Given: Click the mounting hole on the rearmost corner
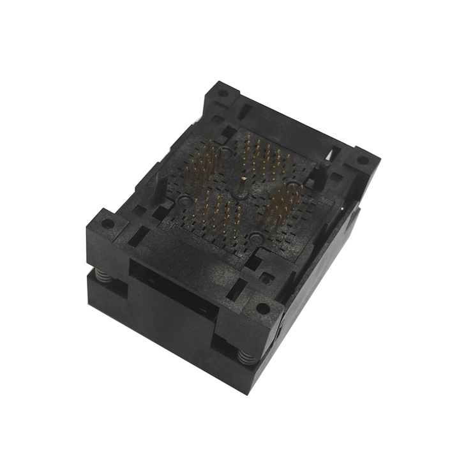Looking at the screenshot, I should coord(222,93).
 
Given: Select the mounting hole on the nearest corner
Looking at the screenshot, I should coord(262,308).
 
